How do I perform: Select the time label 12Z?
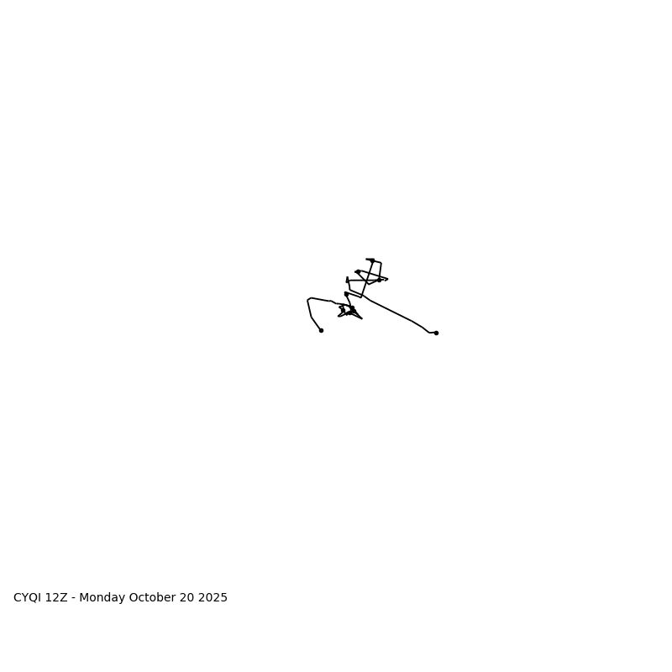point(57,598)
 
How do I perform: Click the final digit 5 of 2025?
point(223,598)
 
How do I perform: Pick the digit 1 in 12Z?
point(50,598)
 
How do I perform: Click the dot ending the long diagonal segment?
point(436,333)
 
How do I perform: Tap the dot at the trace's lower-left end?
point(321,330)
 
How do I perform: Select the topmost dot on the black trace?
point(372,260)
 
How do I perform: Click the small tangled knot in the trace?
point(349,311)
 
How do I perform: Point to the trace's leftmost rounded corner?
point(309,300)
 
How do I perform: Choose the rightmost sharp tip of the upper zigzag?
point(387,279)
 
